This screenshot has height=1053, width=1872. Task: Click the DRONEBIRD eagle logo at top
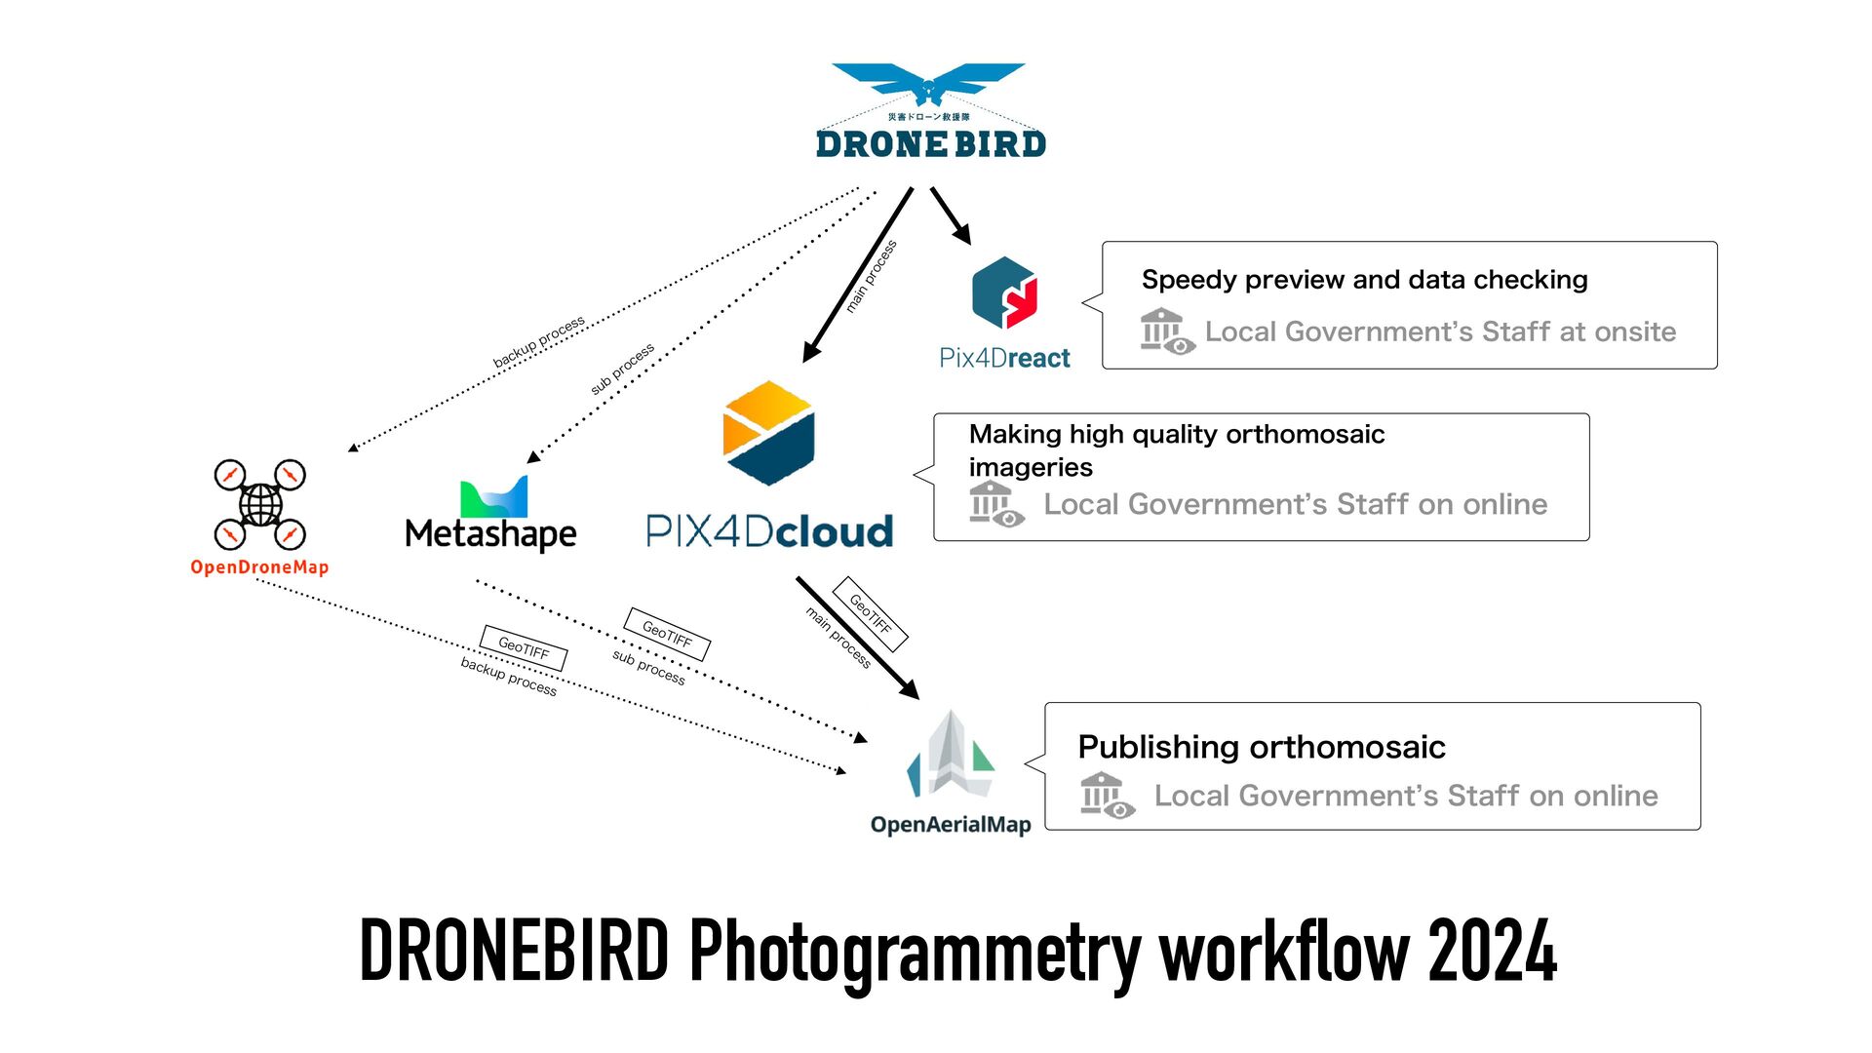(928, 83)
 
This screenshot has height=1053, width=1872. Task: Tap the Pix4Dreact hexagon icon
(1004, 292)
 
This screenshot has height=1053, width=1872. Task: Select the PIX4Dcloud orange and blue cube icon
(768, 433)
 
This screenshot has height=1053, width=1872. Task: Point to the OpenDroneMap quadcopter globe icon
(260, 505)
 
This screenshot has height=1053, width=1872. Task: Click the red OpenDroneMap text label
(259, 567)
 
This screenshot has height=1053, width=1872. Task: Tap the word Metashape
(490, 534)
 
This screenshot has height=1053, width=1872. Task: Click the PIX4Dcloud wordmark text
(769, 531)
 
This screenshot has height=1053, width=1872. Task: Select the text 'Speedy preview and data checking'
(1364, 280)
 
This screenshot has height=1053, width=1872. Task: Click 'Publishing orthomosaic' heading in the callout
(1261, 747)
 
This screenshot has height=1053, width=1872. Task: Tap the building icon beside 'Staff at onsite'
(1166, 331)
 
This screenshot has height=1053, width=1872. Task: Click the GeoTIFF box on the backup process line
(524, 647)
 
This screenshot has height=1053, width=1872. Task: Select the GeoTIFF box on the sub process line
(667, 635)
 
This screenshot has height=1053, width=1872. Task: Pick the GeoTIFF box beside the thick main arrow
(871, 614)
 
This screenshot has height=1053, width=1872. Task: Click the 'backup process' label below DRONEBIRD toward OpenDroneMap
(538, 342)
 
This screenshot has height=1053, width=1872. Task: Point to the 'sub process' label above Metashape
(622, 369)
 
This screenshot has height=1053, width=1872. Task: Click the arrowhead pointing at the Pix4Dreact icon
(962, 235)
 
